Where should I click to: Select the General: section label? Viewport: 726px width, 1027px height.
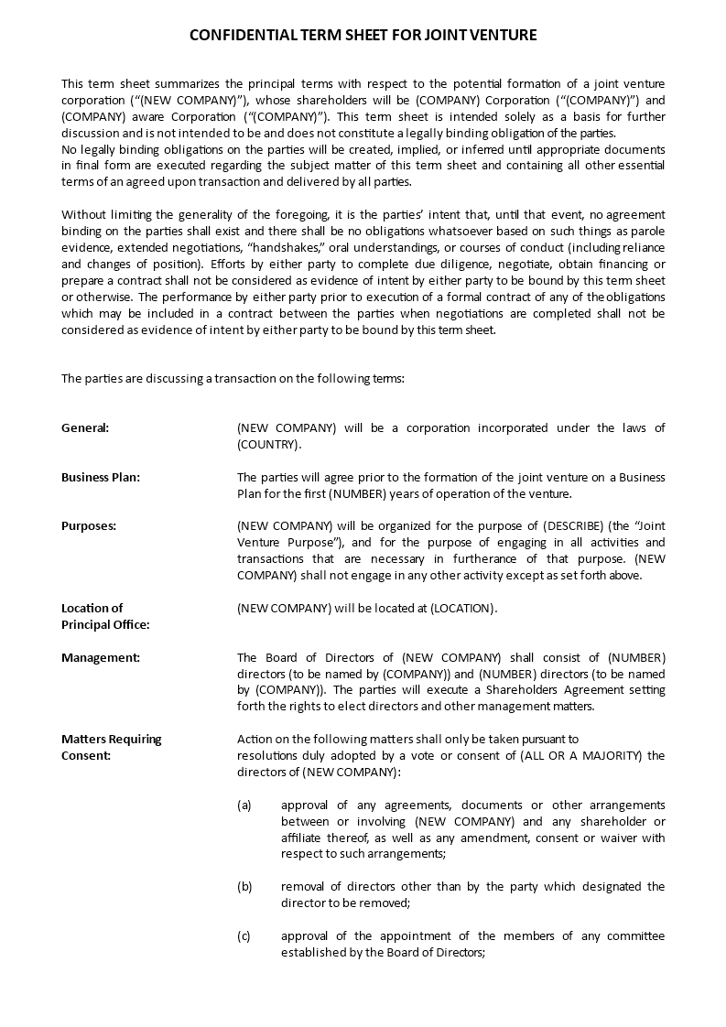click(x=85, y=427)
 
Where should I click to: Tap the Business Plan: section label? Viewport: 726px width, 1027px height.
click(x=101, y=477)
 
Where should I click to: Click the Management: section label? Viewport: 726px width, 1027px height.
click(x=101, y=657)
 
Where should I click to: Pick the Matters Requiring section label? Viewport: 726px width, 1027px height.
click(x=111, y=739)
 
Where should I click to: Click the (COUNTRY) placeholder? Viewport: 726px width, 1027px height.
click(x=267, y=444)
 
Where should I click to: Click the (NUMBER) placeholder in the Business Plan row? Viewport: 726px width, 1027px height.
click(x=362, y=493)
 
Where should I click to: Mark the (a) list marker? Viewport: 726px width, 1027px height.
click(x=244, y=805)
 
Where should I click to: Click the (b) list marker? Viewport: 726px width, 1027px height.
click(x=244, y=886)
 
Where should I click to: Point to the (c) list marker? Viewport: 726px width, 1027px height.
click(x=244, y=935)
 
